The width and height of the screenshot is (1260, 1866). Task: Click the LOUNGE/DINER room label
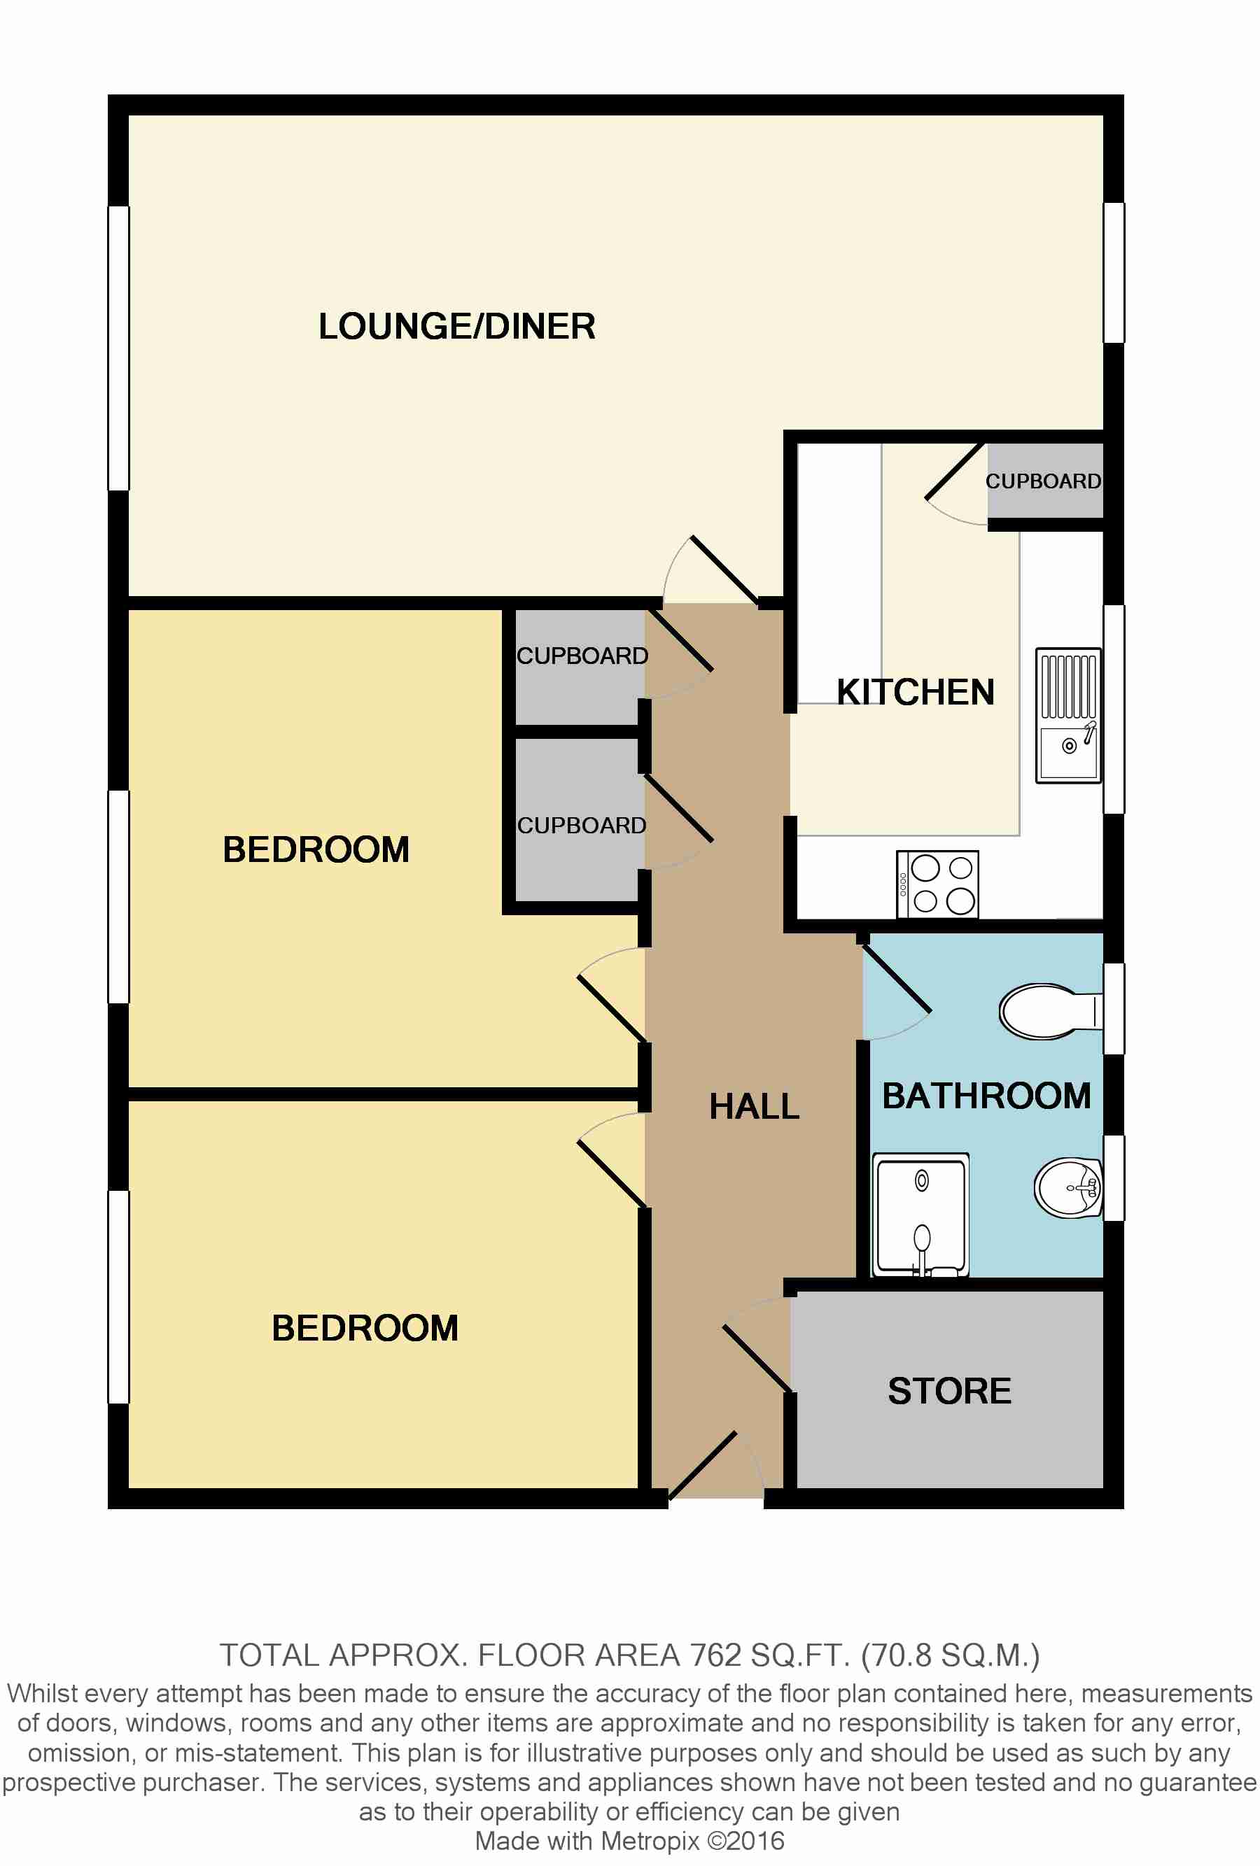456,327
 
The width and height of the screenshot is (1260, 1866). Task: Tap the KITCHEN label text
915,692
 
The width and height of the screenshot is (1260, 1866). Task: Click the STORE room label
948,1391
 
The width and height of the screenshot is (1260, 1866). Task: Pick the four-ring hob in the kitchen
937,883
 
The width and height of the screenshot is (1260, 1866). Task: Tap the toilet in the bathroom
1047,1011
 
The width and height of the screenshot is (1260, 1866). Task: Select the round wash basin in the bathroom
1067,1187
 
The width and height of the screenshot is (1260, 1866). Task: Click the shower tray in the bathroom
920,1215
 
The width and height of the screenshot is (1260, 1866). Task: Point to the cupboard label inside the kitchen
1042,482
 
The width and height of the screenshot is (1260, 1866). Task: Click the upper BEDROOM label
316,849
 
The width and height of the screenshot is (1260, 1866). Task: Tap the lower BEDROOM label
365,1328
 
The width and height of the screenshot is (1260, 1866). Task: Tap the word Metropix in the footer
650,1841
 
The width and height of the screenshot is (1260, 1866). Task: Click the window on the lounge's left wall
119,348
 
